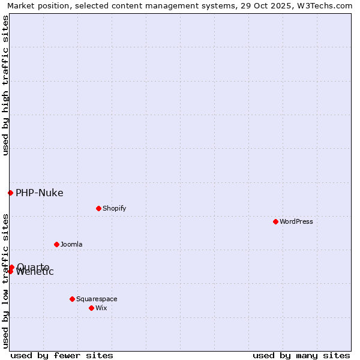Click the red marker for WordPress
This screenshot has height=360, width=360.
(x=275, y=221)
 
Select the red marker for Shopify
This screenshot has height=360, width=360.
(x=98, y=208)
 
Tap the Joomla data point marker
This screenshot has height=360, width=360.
(x=56, y=244)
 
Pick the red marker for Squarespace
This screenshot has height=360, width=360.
(x=72, y=299)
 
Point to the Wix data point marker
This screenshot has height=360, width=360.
(x=91, y=308)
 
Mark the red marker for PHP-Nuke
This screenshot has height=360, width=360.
(x=10, y=193)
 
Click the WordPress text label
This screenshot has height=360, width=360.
(x=296, y=221)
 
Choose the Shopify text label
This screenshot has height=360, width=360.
(x=114, y=208)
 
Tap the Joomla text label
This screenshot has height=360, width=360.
(x=71, y=244)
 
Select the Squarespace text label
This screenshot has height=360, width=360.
(x=97, y=299)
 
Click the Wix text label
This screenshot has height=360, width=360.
(x=101, y=308)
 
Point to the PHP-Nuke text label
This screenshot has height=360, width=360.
(x=39, y=193)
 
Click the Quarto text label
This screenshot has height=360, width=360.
(x=33, y=266)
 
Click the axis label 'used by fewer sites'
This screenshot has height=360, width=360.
(x=62, y=355)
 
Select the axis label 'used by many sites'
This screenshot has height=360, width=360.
(x=301, y=355)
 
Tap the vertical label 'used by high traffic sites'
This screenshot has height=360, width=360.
(x=5, y=86)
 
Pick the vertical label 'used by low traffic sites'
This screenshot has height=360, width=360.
(x=5, y=280)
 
